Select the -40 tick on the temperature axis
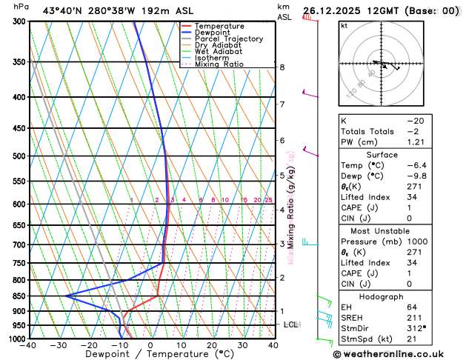[28, 345]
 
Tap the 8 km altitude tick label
[282, 67]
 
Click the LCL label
[291, 324]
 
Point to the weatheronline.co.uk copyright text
[393, 353]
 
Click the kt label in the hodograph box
[344, 26]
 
